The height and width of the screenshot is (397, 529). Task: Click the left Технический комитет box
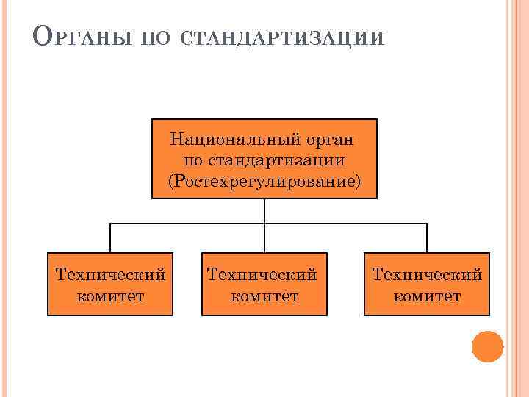tap(110, 285)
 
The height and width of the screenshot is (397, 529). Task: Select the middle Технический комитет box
tap(264, 285)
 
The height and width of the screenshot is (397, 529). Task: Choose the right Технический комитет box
tap(427, 285)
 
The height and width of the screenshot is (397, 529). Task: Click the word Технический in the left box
tap(110, 275)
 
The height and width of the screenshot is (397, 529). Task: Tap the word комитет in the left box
tap(110, 296)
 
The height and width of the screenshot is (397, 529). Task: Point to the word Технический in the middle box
tap(262, 275)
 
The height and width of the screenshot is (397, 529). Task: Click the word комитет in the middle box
tap(264, 296)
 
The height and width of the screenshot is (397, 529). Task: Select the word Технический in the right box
tap(427, 275)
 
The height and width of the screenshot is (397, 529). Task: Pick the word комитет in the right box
tap(427, 296)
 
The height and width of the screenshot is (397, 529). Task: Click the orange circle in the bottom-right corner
tap(487, 346)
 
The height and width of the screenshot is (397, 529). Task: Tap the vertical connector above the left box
tap(110, 237)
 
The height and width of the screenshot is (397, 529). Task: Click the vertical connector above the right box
tap(427, 237)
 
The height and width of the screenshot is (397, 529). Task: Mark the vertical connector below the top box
tap(264, 210)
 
